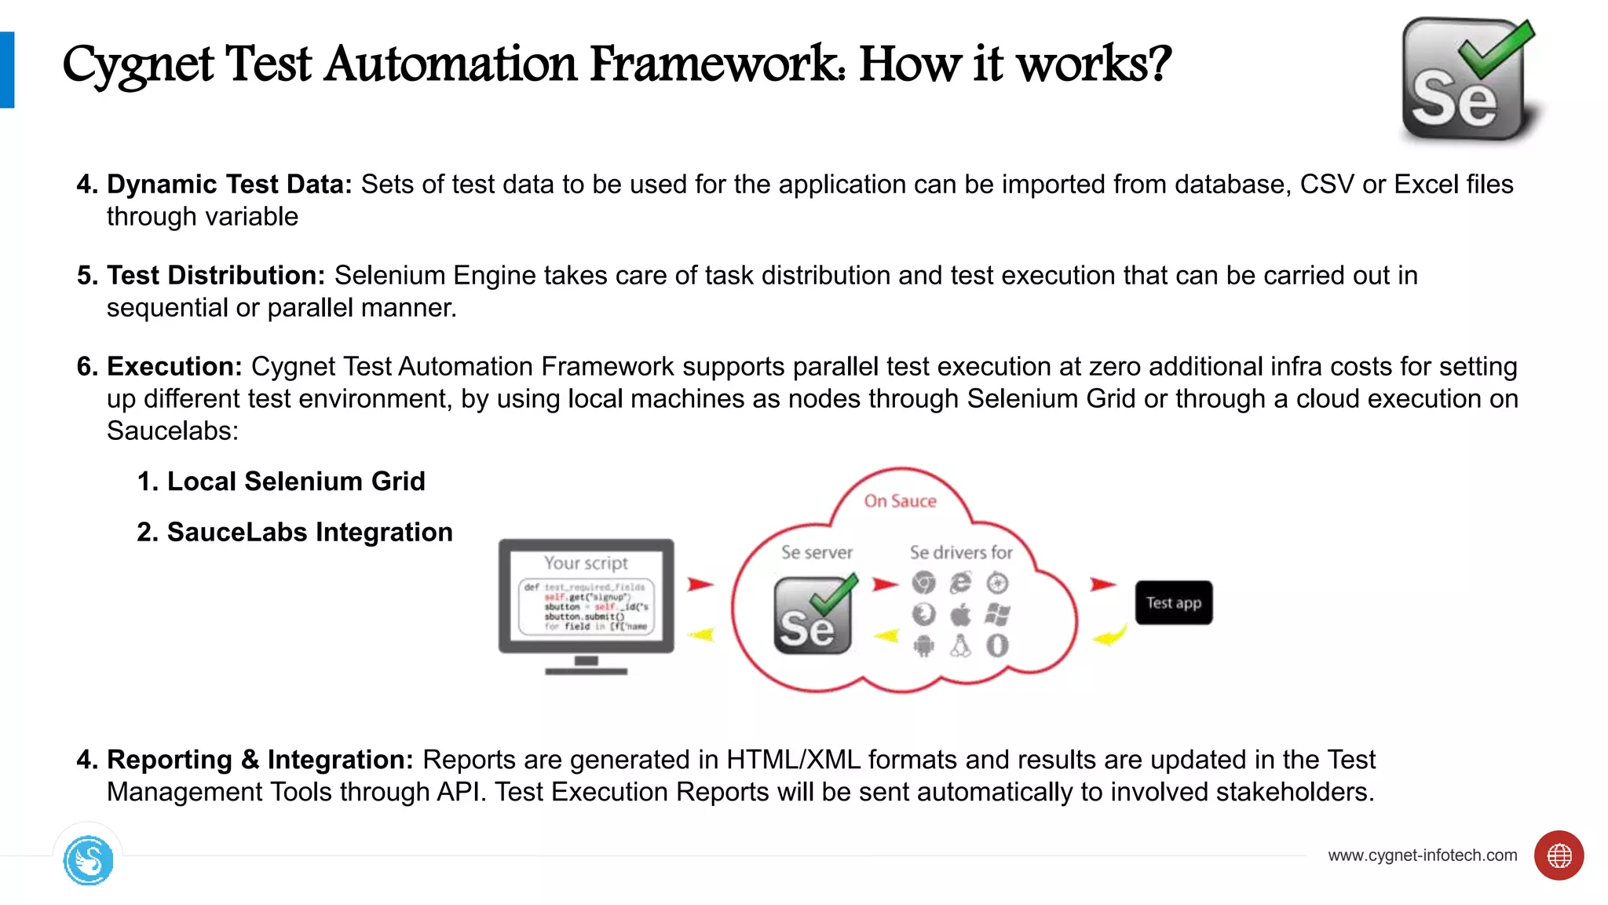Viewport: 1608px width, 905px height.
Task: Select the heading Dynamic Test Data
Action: click(x=229, y=184)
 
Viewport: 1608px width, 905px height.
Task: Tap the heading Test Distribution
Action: click(x=216, y=275)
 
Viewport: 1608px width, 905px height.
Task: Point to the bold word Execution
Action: click(x=174, y=366)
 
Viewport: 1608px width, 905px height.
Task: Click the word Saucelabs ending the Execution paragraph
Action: click(x=172, y=431)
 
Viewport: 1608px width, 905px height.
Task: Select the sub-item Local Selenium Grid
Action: click(x=295, y=481)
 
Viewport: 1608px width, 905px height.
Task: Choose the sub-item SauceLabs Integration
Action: click(x=309, y=532)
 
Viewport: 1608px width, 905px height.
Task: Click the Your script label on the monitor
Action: click(x=586, y=562)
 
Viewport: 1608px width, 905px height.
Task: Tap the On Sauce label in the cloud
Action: click(x=900, y=501)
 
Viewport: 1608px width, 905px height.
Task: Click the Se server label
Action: click(x=817, y=552)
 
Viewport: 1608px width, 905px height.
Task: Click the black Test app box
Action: click(x=1173, y=603)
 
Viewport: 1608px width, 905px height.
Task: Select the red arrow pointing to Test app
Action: click(x=1102, y=584)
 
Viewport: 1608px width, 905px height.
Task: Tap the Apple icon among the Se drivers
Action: click(x=960, y=614)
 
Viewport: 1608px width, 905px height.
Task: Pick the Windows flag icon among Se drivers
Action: click(x=997, y=614)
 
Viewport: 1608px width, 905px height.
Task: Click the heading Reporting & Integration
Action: click(x=259, y=759)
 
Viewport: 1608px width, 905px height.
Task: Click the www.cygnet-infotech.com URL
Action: click(x=1422, y=855)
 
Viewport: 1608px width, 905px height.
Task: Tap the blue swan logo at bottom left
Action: click(x=88, y=860)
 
